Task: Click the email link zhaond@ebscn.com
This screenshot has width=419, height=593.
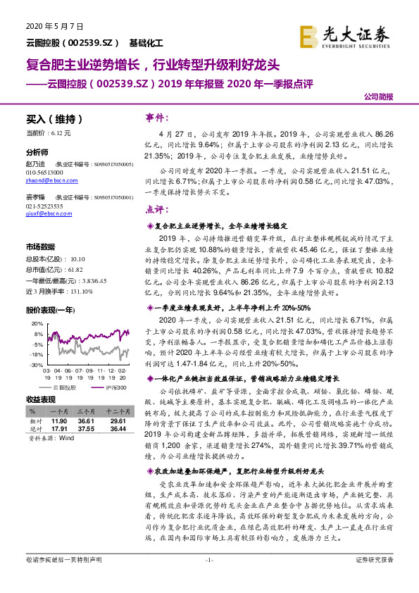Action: click(48, 180)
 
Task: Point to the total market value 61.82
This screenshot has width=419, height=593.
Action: click(75, 270)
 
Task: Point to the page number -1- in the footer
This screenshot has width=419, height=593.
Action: click(208, 579)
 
